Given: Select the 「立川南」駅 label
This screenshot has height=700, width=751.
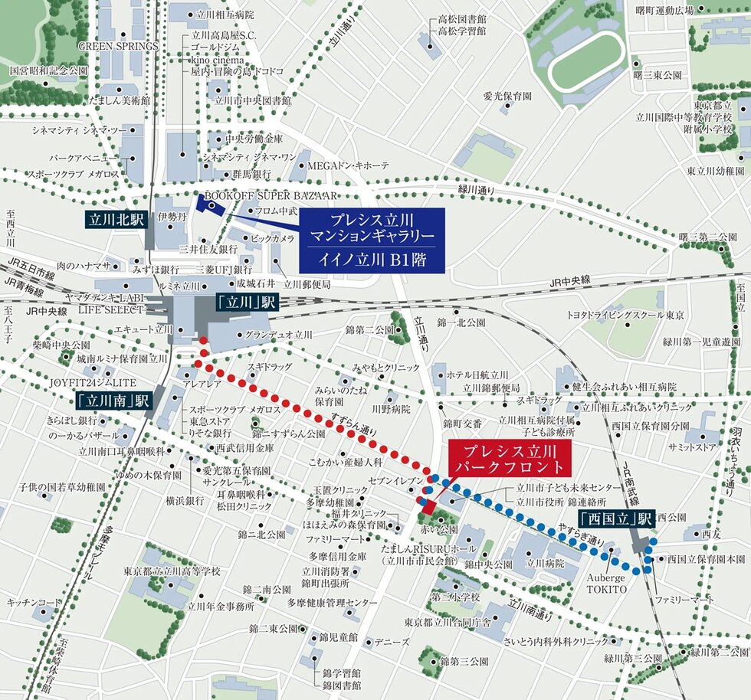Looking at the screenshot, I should pyautogui.click(x=114, y=399).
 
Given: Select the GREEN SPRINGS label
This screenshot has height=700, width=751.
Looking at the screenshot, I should pyautogui.click(x=118, y=46).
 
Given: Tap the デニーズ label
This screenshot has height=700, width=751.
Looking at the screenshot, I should pyautogui.click(x=392, y=642).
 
